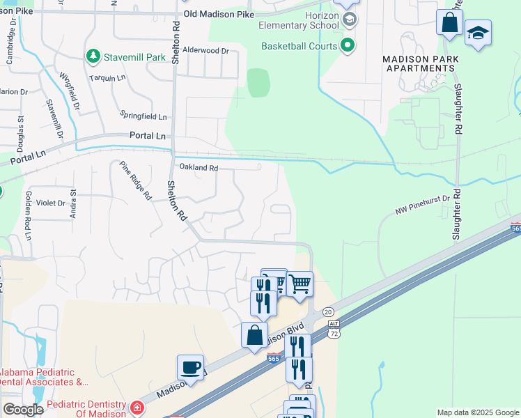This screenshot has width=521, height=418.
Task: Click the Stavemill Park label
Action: [135, 56]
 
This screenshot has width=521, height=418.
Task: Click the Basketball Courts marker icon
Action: [347, 47]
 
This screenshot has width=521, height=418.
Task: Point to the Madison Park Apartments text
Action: [419, 63]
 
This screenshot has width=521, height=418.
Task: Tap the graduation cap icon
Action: [478, 33]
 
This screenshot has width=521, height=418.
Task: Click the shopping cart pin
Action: [300, 283]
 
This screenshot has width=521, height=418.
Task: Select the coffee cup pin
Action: [190, 367]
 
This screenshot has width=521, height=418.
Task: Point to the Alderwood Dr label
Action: [205, 51]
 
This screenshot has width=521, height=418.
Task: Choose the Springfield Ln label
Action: [143, 116]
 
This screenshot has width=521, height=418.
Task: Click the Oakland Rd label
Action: [199, 168]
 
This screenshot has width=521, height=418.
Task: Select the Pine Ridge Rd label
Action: [135, 180]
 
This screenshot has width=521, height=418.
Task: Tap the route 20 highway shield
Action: [329, 312]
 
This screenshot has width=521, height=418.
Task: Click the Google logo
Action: [22, 409]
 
